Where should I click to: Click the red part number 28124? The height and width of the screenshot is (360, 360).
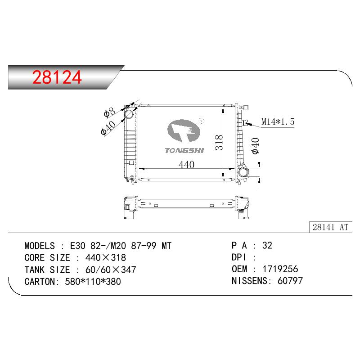point(57,77)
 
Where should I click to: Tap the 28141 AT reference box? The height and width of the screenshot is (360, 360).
point(331,227)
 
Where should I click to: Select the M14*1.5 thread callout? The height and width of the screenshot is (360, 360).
point(278,121)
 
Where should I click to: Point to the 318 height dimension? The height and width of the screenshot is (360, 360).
point(219,143)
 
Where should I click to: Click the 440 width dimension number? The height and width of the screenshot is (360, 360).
point(186,165)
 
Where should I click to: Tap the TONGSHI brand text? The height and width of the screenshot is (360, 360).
point(184,151)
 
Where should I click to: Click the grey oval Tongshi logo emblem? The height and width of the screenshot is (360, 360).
point(184,130)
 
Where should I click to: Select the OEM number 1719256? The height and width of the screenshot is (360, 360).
point(280,269)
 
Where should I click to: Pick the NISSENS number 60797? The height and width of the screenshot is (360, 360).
point(290,281)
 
